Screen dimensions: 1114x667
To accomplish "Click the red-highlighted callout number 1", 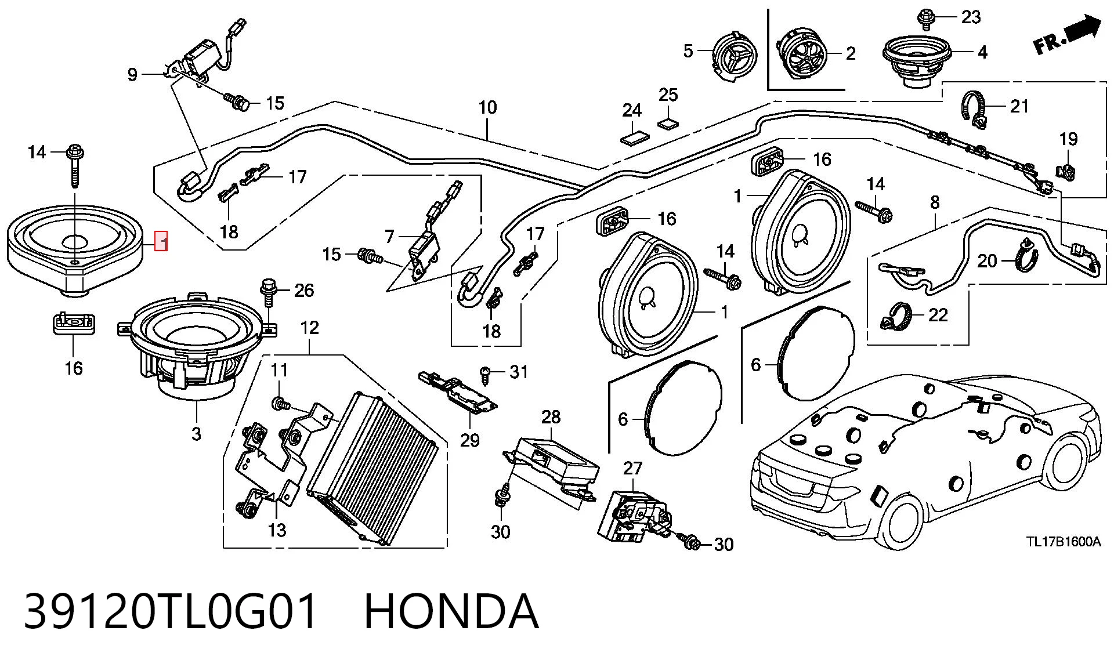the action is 162,241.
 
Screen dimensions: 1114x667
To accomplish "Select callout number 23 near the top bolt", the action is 971,17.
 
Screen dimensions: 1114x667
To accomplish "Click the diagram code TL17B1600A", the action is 1064,542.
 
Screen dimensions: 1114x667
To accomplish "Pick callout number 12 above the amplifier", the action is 310,328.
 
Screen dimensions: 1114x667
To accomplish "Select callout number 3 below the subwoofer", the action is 196,433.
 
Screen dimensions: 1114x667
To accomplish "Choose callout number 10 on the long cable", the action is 487,107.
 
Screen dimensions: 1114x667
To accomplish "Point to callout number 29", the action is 470,440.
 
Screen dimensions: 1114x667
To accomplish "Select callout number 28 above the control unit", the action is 551,416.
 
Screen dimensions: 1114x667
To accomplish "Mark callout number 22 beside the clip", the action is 938,315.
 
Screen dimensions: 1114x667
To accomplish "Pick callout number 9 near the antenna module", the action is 132,74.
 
